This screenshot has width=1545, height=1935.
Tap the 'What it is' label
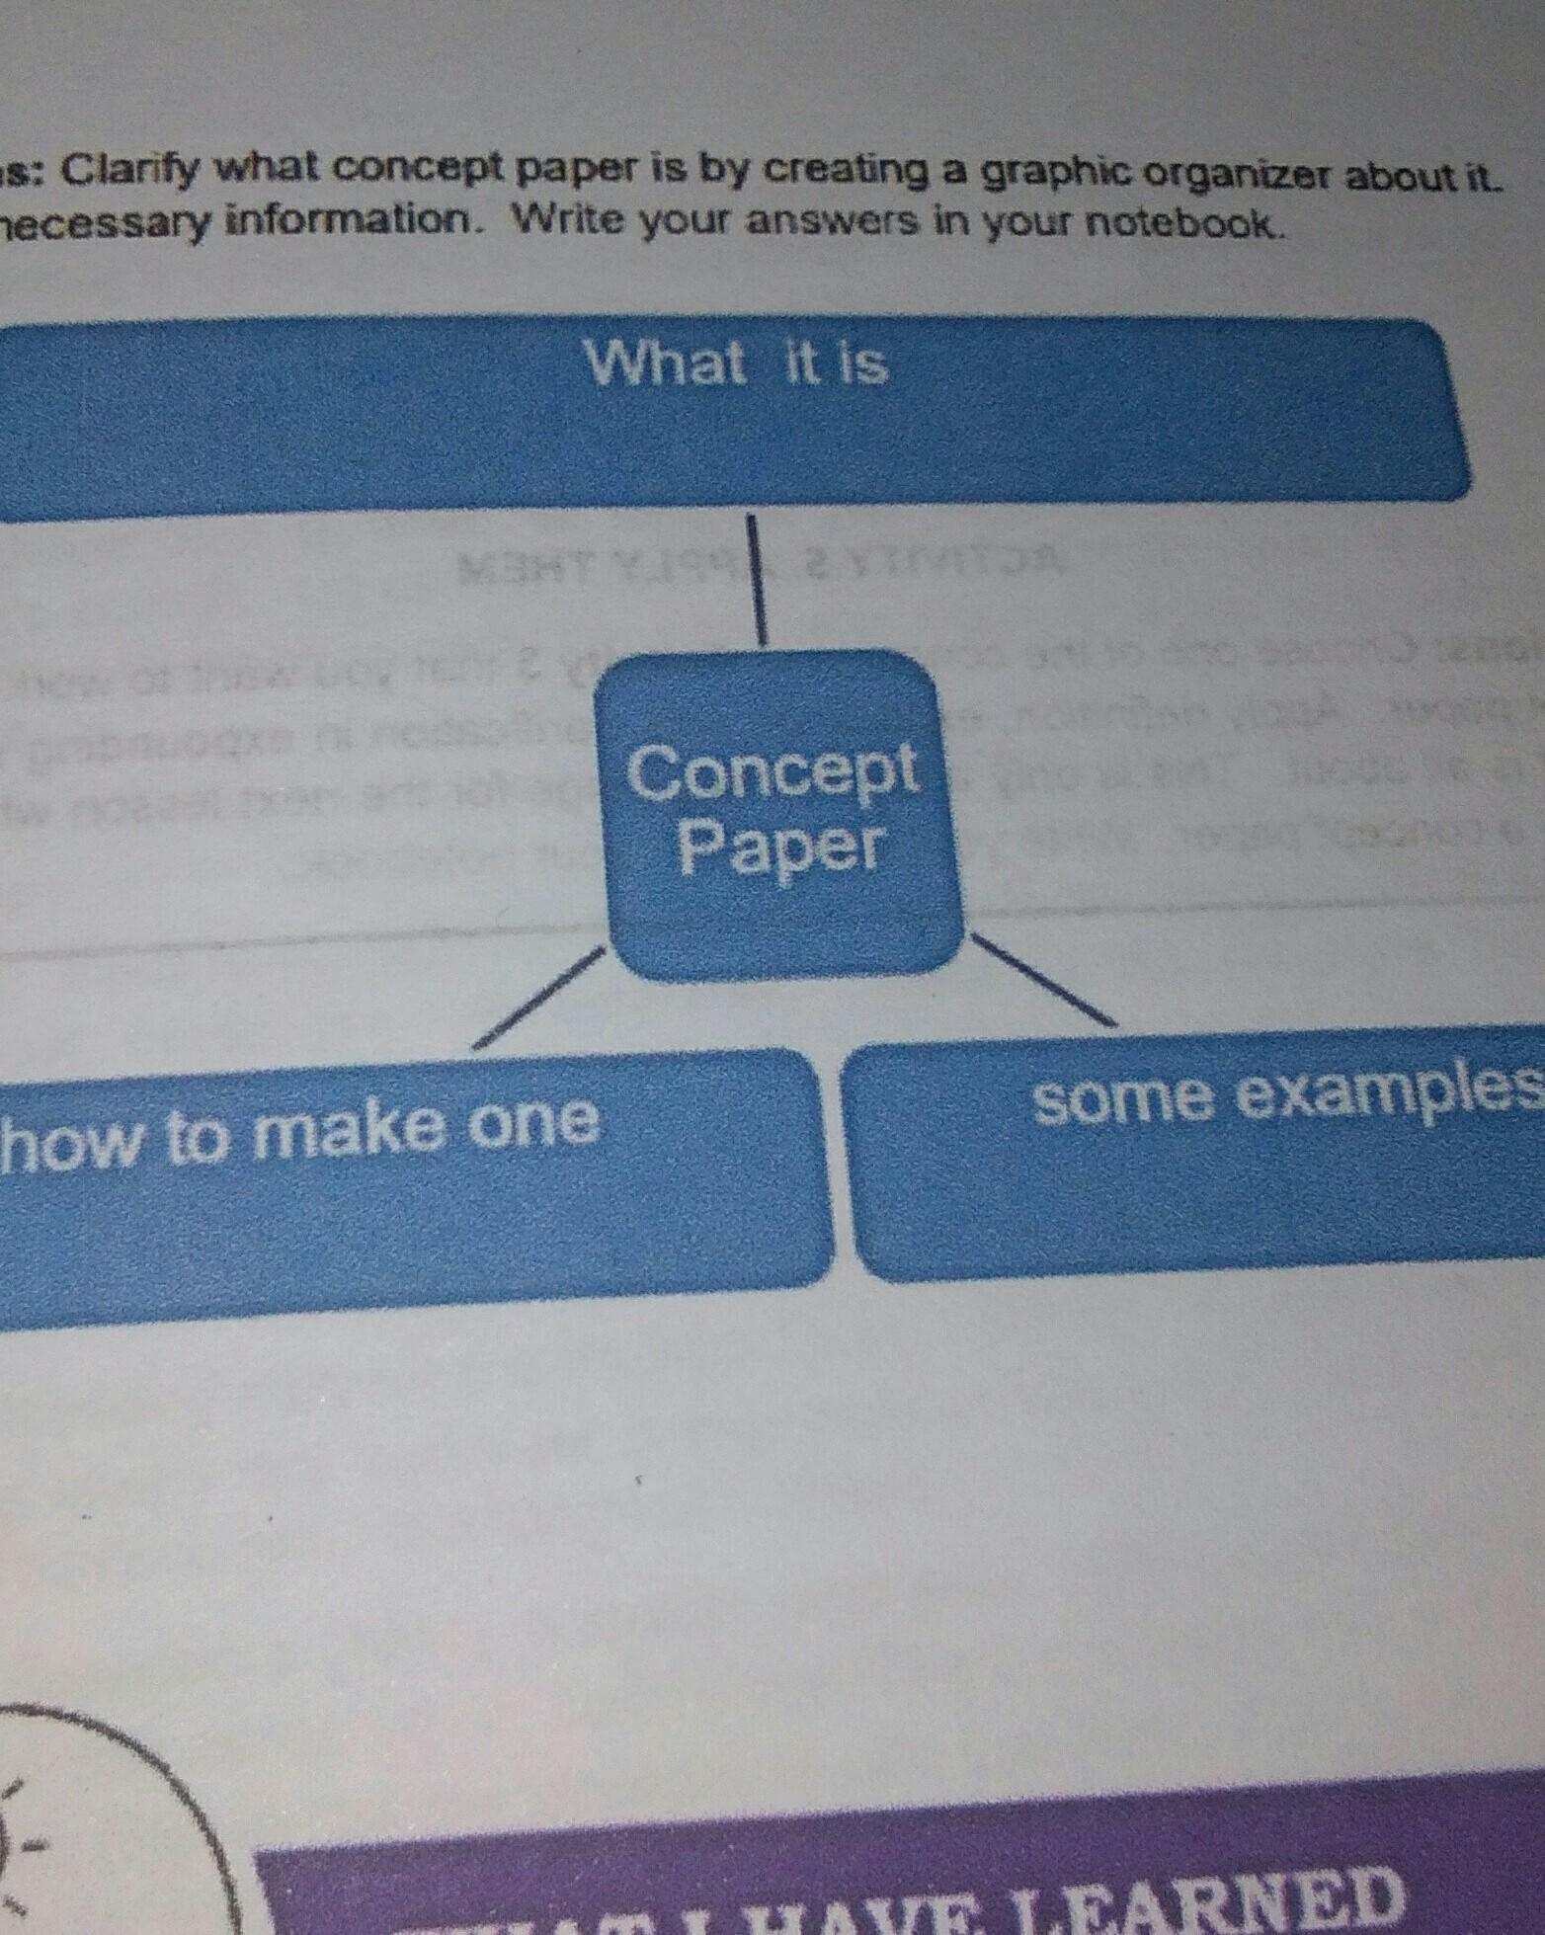coord(736,363)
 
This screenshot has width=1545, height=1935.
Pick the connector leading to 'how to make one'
coord(538,997)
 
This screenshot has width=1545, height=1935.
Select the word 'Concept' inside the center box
coord(772,772)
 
